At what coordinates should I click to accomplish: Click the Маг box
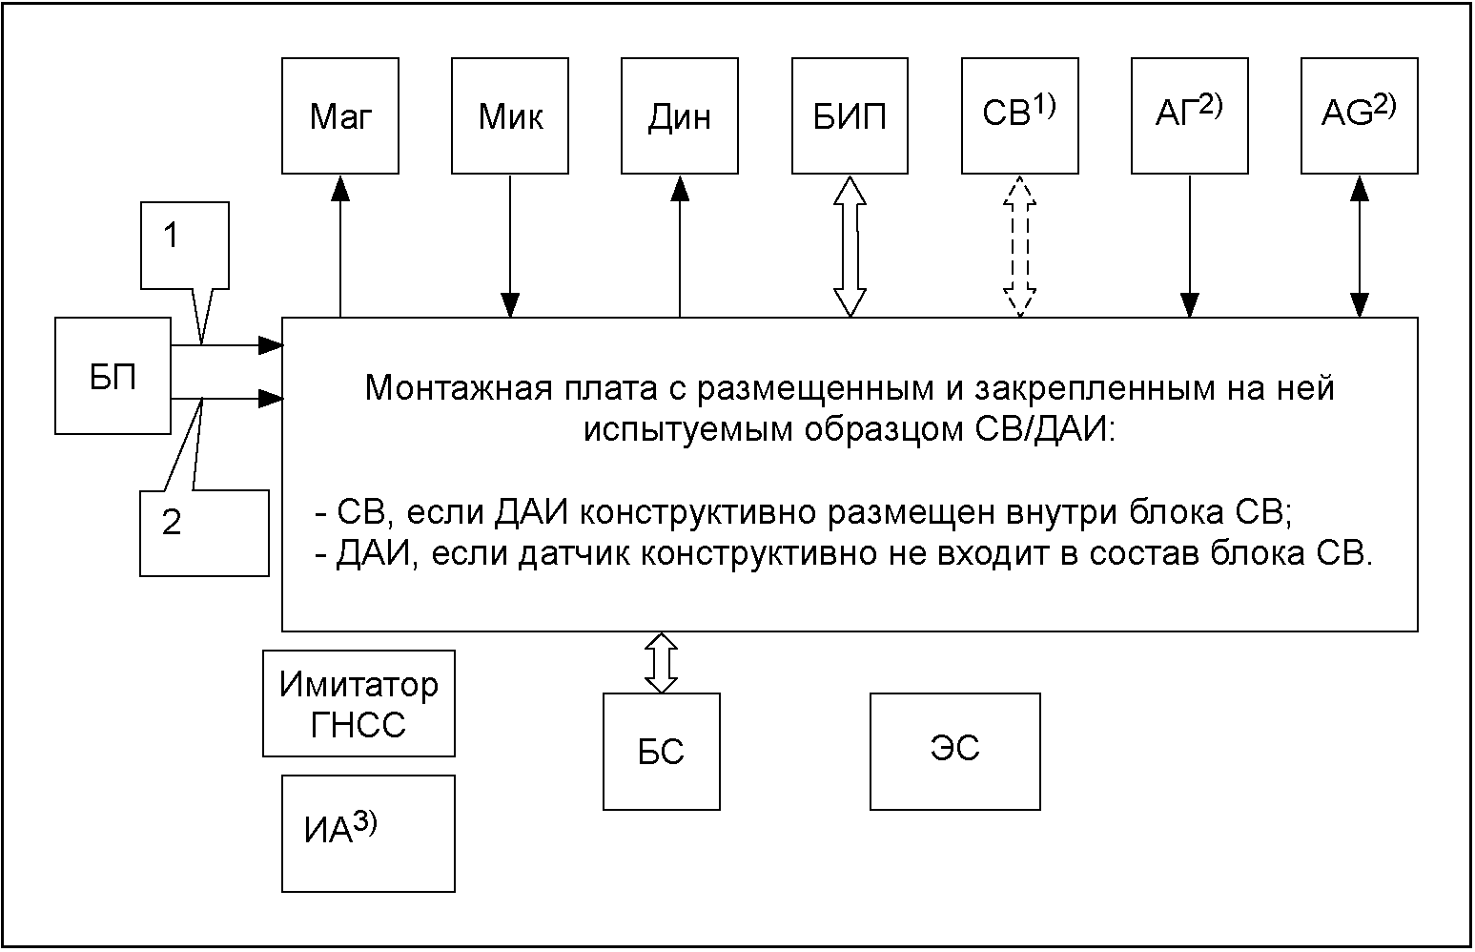tap(339, 116)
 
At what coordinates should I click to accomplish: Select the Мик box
tap(510, 116)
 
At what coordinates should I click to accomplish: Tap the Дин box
tap(680, 116)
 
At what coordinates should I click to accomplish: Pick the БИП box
tap(850, 116)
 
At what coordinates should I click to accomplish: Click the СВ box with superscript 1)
tap(1020, 116)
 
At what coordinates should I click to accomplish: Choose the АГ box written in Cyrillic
tap(1190, 116)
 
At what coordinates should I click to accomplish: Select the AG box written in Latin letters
tap(1360, 116)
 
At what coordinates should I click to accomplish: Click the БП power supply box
tap(113, 376)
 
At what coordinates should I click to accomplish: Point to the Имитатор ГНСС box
tap(359, 704)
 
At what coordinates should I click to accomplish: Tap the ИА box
tap(368, 834)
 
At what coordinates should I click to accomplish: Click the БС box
tap(661, 751)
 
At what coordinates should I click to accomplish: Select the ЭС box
tap(954, 751)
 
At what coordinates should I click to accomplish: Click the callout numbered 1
tap(184, 245)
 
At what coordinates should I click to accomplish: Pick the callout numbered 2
tap(204, 533)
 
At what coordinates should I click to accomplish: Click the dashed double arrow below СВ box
tap(1020, 246)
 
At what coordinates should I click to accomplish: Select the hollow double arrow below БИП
tap(850, 246)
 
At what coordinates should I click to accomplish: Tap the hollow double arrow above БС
tap(661, 663)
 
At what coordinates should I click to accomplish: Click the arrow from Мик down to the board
tap(510, 246)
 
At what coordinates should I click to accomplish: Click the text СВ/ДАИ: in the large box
tap(1044, 430)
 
